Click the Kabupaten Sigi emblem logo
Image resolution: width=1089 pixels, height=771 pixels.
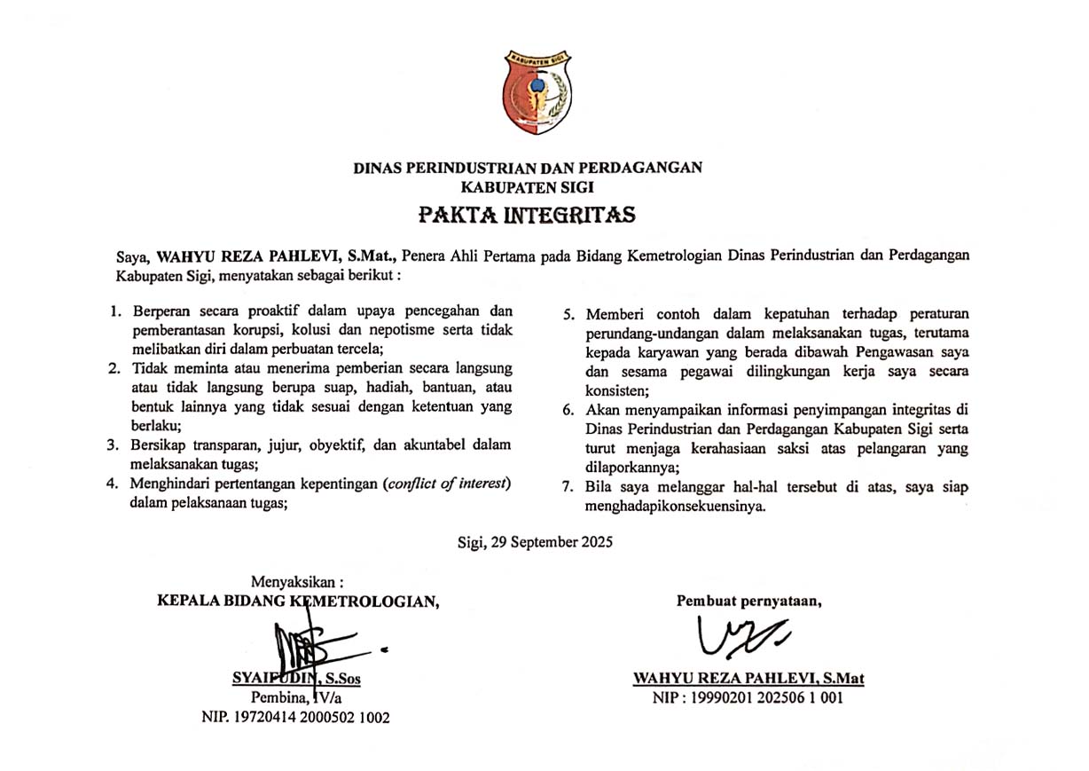click(x=538, y=92)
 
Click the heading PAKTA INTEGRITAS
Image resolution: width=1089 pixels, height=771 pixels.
click(x=528, y=216)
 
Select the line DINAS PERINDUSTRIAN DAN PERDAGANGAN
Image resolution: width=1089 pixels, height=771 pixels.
click(x=528, y=168)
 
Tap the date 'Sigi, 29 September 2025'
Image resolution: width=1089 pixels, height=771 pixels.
click(x=535, y=540)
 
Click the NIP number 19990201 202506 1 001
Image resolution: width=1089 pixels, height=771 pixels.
click(x=748, y=697)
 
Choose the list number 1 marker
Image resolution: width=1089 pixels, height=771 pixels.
click(x=114, y=312)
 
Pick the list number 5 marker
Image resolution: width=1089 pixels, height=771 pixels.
click(x=572, y=314)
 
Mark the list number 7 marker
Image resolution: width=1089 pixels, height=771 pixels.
click(x=572, y=487)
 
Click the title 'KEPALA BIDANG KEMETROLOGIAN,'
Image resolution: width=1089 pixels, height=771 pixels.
click(x=298, y=601)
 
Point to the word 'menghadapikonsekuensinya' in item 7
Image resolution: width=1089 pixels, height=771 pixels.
click(x=674, y=508)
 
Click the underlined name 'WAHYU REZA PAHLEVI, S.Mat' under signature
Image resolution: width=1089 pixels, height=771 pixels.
click(x=748, y=679)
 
